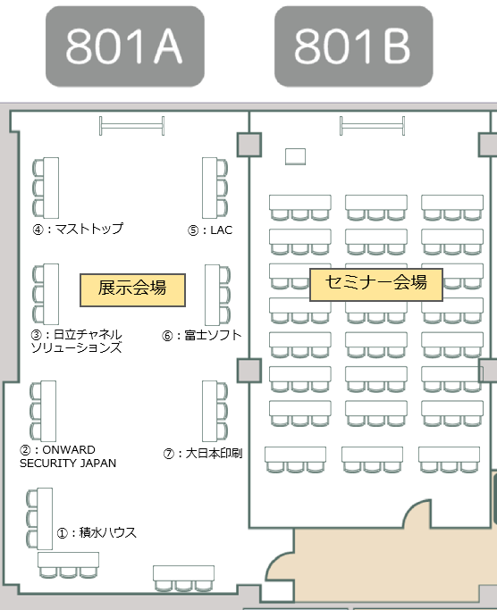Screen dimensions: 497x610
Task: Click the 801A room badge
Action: [125, 46]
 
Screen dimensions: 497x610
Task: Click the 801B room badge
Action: [354, 46]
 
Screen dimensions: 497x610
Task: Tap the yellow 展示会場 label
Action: [132, 290]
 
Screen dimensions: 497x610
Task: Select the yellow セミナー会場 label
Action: [376, 285]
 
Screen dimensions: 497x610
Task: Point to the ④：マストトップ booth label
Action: [78, 229]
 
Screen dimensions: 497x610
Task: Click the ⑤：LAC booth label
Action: [210, 230]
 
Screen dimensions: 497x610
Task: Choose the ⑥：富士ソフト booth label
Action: [202, 335]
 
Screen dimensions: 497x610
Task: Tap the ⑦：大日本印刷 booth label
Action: [203, 453]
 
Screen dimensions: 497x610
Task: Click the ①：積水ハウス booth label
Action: [97, 532]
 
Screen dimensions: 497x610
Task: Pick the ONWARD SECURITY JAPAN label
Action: [68, 456]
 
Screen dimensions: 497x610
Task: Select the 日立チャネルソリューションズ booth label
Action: [77, 341]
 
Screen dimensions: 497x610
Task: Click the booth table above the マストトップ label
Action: [51, 188]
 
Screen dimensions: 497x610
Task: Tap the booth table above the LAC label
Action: [209, 188]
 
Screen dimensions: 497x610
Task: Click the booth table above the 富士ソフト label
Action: [212, 295]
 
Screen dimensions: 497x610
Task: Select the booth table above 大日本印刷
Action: [209, 411]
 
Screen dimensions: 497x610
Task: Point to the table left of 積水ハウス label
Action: [45, 519]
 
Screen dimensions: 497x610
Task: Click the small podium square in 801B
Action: [295, 156]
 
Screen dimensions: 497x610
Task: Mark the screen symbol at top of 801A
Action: [132, 126]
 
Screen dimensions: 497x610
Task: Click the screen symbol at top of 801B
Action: [373, 126]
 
